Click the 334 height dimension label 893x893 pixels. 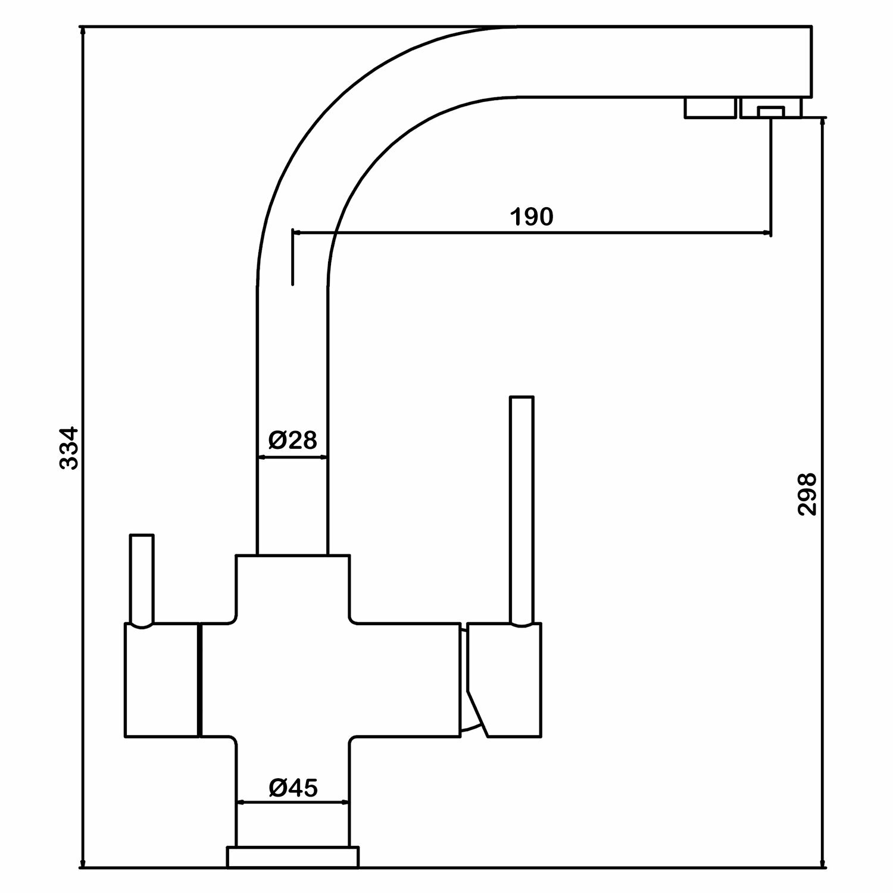70,447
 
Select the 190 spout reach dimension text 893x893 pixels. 532,217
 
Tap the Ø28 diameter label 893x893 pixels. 292,441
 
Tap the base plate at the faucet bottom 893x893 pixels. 293,873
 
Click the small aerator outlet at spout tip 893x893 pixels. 771,111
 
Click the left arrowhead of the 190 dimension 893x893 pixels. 298,233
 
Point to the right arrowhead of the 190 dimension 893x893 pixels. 766,233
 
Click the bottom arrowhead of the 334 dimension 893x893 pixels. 83,879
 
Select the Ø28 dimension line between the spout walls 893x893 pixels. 292,457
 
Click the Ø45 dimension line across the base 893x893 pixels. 293,803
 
